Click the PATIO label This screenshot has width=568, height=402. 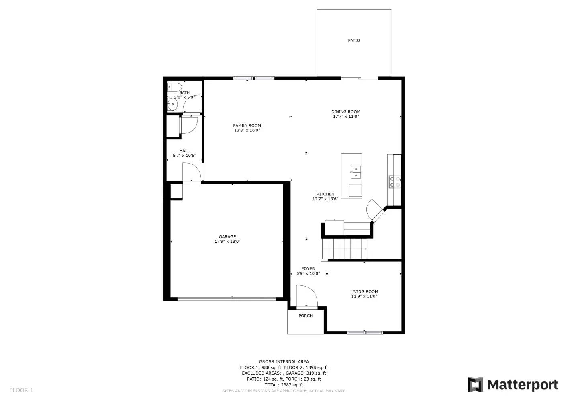pyautogui.click(x=354, y=41)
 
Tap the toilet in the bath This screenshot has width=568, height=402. pyautogui.click(x=174, y=87)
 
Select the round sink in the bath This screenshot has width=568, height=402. pyautogui.click(x=172, y=104)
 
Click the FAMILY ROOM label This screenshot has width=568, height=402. pyautogui.click(x=247, y=125)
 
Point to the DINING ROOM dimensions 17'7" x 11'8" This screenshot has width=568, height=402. pyautogui.click(x=346, y=117)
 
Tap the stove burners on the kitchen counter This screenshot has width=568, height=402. pyautogui.click(x=395, y=182)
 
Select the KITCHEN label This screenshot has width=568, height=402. pyautogui.click(x=325, y=194)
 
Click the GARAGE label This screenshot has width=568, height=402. pyautogui.click(x=227, y=237)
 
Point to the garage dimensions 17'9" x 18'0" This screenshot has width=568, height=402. pyautogui.click(x=227, y=242)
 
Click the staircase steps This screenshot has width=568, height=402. pyautogui.click(x=344, y=249)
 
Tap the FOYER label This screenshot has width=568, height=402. pyautogui.click(x=308, y=269)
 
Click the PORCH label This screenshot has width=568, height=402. pyautogui.click(x=306, y=316)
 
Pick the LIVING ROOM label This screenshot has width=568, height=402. pyautogui.click(x=364, y=292)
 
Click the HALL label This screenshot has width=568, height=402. pyautogui.click(x=184, y=151)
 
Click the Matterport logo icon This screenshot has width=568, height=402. pyautogui.click(x=475, y=385)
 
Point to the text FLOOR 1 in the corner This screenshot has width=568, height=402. pyautogui.click(x=21, y=390)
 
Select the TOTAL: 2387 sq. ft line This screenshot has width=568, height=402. pyautogui.click(x=284, y=385)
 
